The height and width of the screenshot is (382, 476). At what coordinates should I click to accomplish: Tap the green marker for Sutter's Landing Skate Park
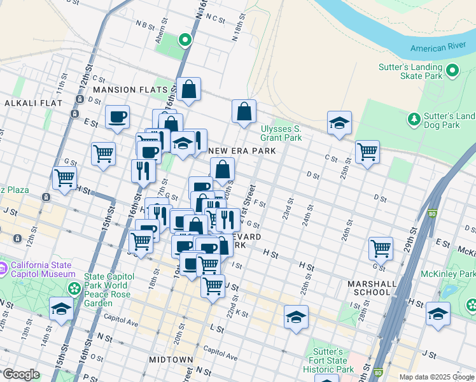(x=453, y=71)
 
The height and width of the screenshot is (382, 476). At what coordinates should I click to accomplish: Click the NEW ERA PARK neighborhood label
(x=242, y=151)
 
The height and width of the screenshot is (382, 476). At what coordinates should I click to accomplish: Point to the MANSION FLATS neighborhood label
(x=130, y=90)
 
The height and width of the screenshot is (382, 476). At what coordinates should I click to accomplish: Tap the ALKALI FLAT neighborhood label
(x=33, y=103)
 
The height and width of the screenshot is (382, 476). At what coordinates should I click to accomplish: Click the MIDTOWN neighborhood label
(x=171, y=360)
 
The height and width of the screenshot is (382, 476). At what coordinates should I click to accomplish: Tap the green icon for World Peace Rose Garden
(x=74, y=288)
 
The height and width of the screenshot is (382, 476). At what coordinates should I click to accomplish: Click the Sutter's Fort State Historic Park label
(x=332, y=360)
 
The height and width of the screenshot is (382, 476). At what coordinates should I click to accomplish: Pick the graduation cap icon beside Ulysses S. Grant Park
(x=340, y=122)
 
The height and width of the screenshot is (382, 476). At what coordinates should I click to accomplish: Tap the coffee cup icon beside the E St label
(x=117, y=117)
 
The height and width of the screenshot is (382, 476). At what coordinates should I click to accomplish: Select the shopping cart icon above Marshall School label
(x=381, y=247)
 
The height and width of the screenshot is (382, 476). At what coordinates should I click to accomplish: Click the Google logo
(x=21, y=374)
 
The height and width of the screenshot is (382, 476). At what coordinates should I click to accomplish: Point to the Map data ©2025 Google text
(x=437, y=377)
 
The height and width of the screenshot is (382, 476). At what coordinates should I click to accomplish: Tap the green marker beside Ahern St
(x=185, y=41)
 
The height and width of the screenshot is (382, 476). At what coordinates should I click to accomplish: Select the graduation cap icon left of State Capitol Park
(x=61, y=309)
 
